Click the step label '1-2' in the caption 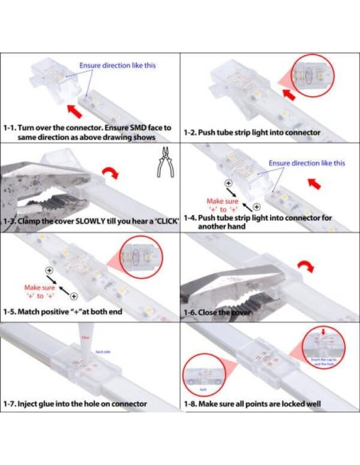click(x=191, y=131)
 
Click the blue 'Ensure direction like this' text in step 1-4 click(x=307, y=163)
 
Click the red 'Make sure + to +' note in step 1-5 click(x=39, y=291)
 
